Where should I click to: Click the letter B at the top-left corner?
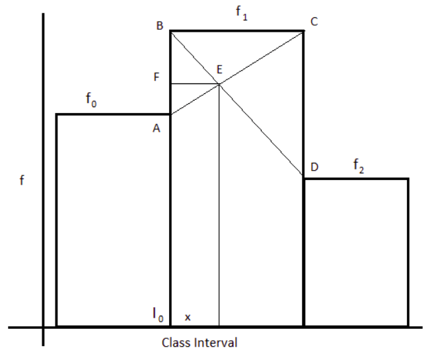coord(160,25)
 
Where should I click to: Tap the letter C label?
coord(314,22)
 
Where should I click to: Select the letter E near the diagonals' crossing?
coord(219,69)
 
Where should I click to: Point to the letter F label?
coord(157,77)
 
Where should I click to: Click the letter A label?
coord(157,130)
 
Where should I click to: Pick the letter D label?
coord(314,167)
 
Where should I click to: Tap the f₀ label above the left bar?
coord(91,100)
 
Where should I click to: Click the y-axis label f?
coord(22,180)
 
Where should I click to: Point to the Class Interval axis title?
coord(199,343)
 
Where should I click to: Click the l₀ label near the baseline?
coord(158,316)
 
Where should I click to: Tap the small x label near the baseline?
coord(188,318)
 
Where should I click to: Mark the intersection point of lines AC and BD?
coord(219,83)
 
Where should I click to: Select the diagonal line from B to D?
coord(264,132)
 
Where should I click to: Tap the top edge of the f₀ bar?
coord(112,114)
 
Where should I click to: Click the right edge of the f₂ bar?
coord(408,251)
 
